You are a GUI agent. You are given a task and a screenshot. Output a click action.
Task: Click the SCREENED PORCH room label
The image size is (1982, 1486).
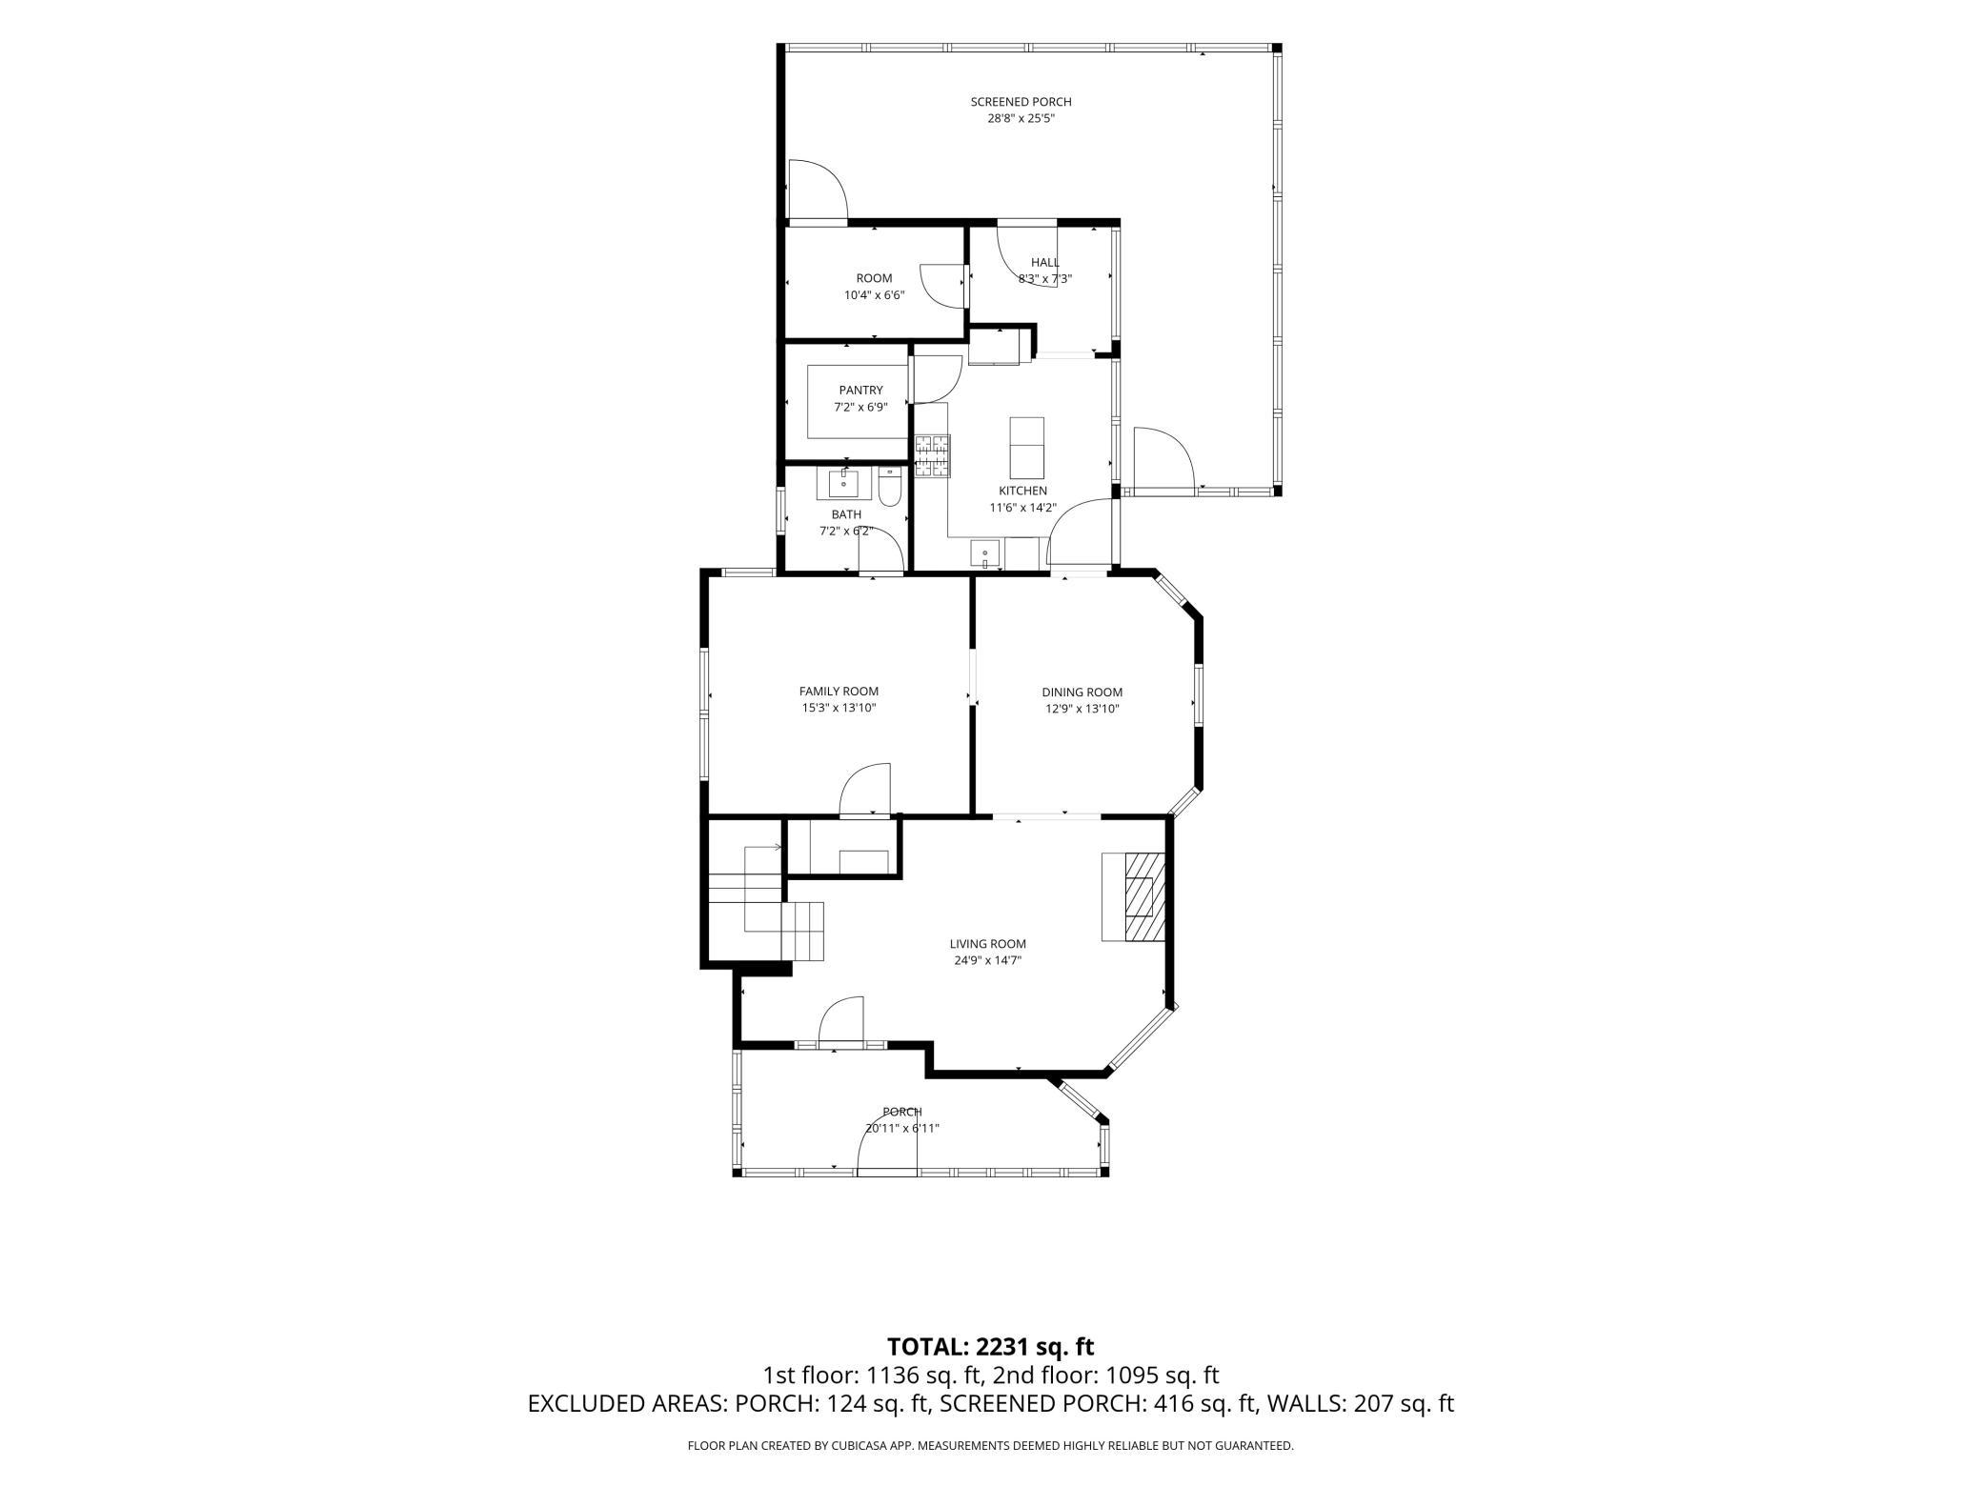[x=1021, y=102]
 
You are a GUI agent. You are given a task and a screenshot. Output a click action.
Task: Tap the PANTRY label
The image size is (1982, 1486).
[x=860, y=391]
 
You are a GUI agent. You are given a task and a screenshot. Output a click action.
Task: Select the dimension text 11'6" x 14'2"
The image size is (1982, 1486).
[x=1023, y=508]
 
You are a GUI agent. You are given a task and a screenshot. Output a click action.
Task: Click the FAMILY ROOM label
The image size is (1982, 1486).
[x=839, y=692]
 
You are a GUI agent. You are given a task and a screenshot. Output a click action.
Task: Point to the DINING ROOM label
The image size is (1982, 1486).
[x=1082, y=693]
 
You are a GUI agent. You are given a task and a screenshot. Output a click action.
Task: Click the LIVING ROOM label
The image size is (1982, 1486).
[x=987, y=944]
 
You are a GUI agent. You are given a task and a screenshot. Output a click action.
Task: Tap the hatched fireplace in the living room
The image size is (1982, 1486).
[x=1144, y=897]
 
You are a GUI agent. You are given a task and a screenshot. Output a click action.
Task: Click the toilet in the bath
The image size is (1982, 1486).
[x=890, y=487]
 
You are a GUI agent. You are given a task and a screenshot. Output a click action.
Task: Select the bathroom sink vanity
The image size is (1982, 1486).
[x=843, y=484]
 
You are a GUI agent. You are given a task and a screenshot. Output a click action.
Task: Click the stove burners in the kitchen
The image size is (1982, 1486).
[x=933, y=455]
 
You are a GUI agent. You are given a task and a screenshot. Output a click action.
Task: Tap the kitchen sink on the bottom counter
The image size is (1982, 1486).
[x=985, y=553]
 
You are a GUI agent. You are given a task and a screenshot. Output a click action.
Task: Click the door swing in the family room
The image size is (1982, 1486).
[x=865, y=790]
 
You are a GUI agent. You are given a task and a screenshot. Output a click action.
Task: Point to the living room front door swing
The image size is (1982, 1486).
[x=841, y=1022]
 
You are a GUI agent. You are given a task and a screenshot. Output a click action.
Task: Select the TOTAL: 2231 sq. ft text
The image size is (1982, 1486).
[x=990, y=1346]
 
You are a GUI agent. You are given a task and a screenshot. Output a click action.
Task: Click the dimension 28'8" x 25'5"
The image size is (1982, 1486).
[x=1021, y=119]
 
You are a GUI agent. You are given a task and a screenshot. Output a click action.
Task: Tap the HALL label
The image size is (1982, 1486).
[x=1044, y=263]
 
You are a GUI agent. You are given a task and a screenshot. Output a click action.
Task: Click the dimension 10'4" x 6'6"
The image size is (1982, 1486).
[x=874, y=295]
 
